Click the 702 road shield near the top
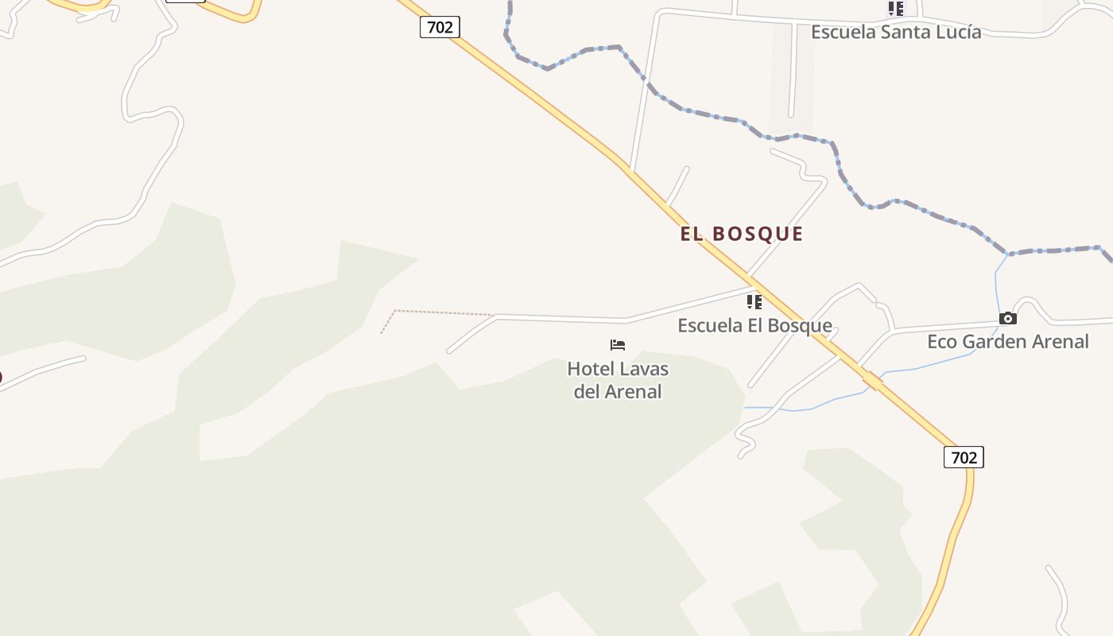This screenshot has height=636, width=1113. (440, 27)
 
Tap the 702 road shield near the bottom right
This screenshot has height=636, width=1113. (964, 457)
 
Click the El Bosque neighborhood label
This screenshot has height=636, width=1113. (742, 234)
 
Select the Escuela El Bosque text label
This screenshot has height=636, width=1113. (754, 325)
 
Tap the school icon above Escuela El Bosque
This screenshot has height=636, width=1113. (754, 302)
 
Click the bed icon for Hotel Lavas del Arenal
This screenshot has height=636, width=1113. (618, 345)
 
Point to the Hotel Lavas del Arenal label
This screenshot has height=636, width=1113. (618, 380)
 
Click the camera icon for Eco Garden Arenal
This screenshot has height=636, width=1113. (1008, 319)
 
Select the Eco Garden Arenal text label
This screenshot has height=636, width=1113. (1008, 342)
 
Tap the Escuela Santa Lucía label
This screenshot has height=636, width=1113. (896, 32)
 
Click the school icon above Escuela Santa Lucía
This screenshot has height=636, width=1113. (896, 9)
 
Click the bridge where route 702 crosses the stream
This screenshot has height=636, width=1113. (873, 381)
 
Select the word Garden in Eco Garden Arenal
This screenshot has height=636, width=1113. (995, 342)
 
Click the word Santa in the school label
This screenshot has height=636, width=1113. (893, 32)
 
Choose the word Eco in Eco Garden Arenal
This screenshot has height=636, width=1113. (942, 342)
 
